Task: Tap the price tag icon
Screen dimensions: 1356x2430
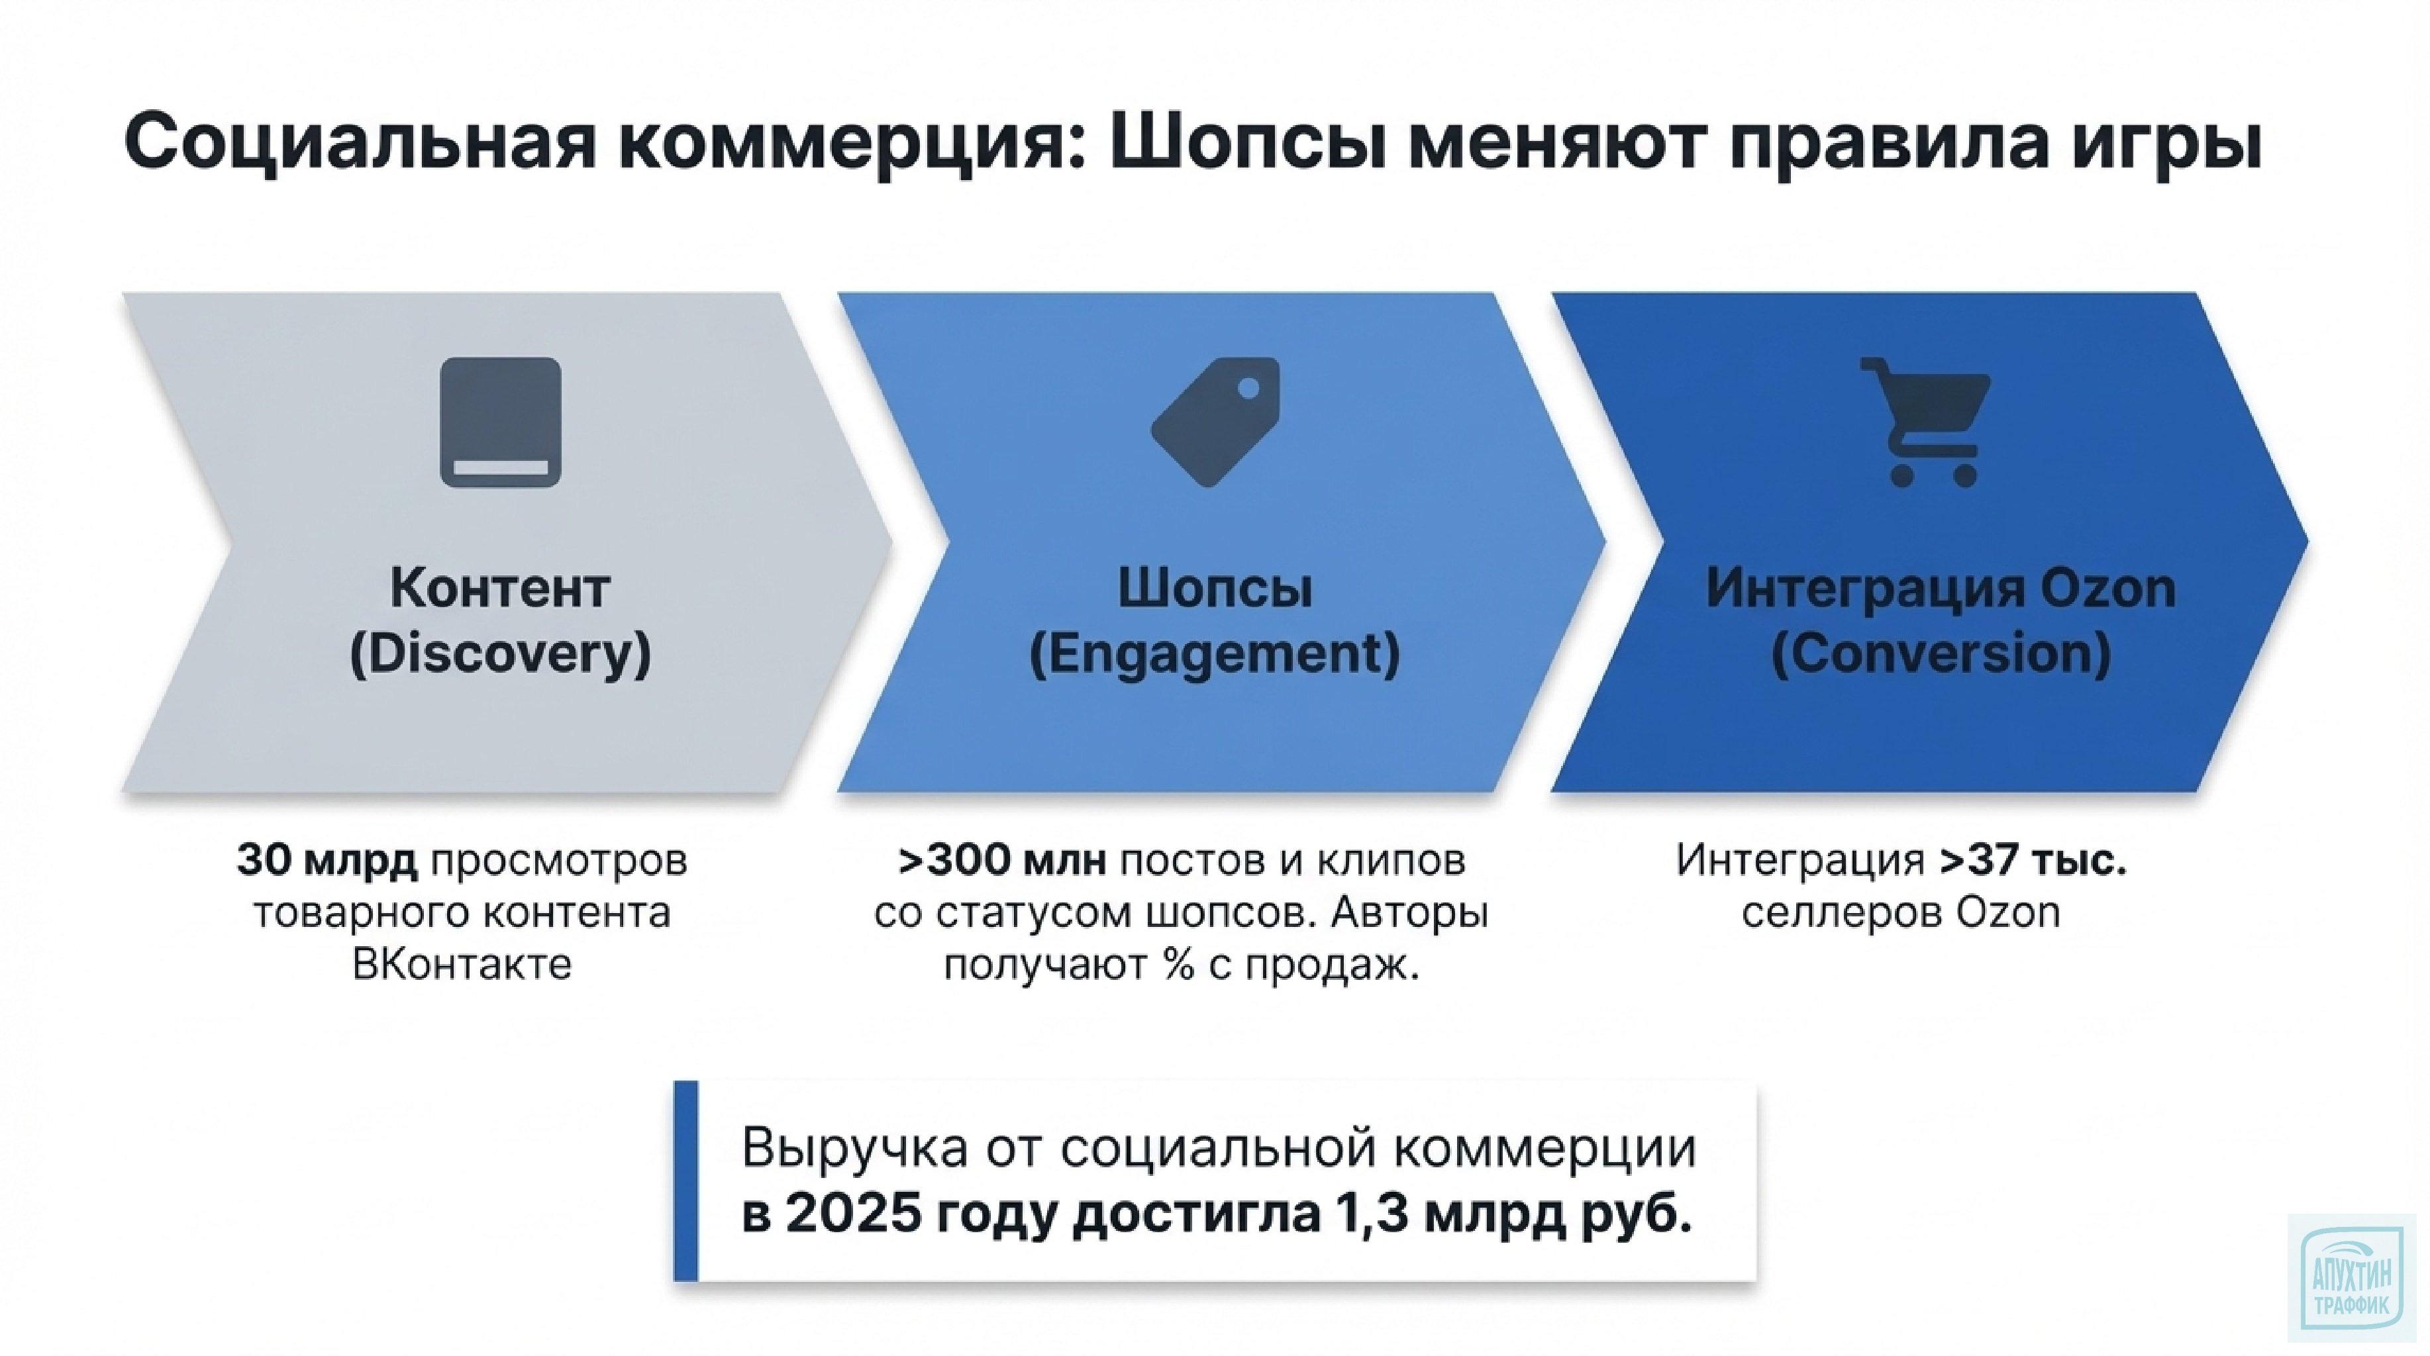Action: pos(1215,422)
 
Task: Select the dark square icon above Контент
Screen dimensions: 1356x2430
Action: pos(501,422)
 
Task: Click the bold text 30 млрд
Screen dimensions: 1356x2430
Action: pos(327,860)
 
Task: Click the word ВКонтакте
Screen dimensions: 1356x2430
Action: pos(462,965)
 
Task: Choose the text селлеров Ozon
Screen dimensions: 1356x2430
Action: pos(1901,913)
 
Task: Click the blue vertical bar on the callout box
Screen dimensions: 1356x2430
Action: pos(685,1181)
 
